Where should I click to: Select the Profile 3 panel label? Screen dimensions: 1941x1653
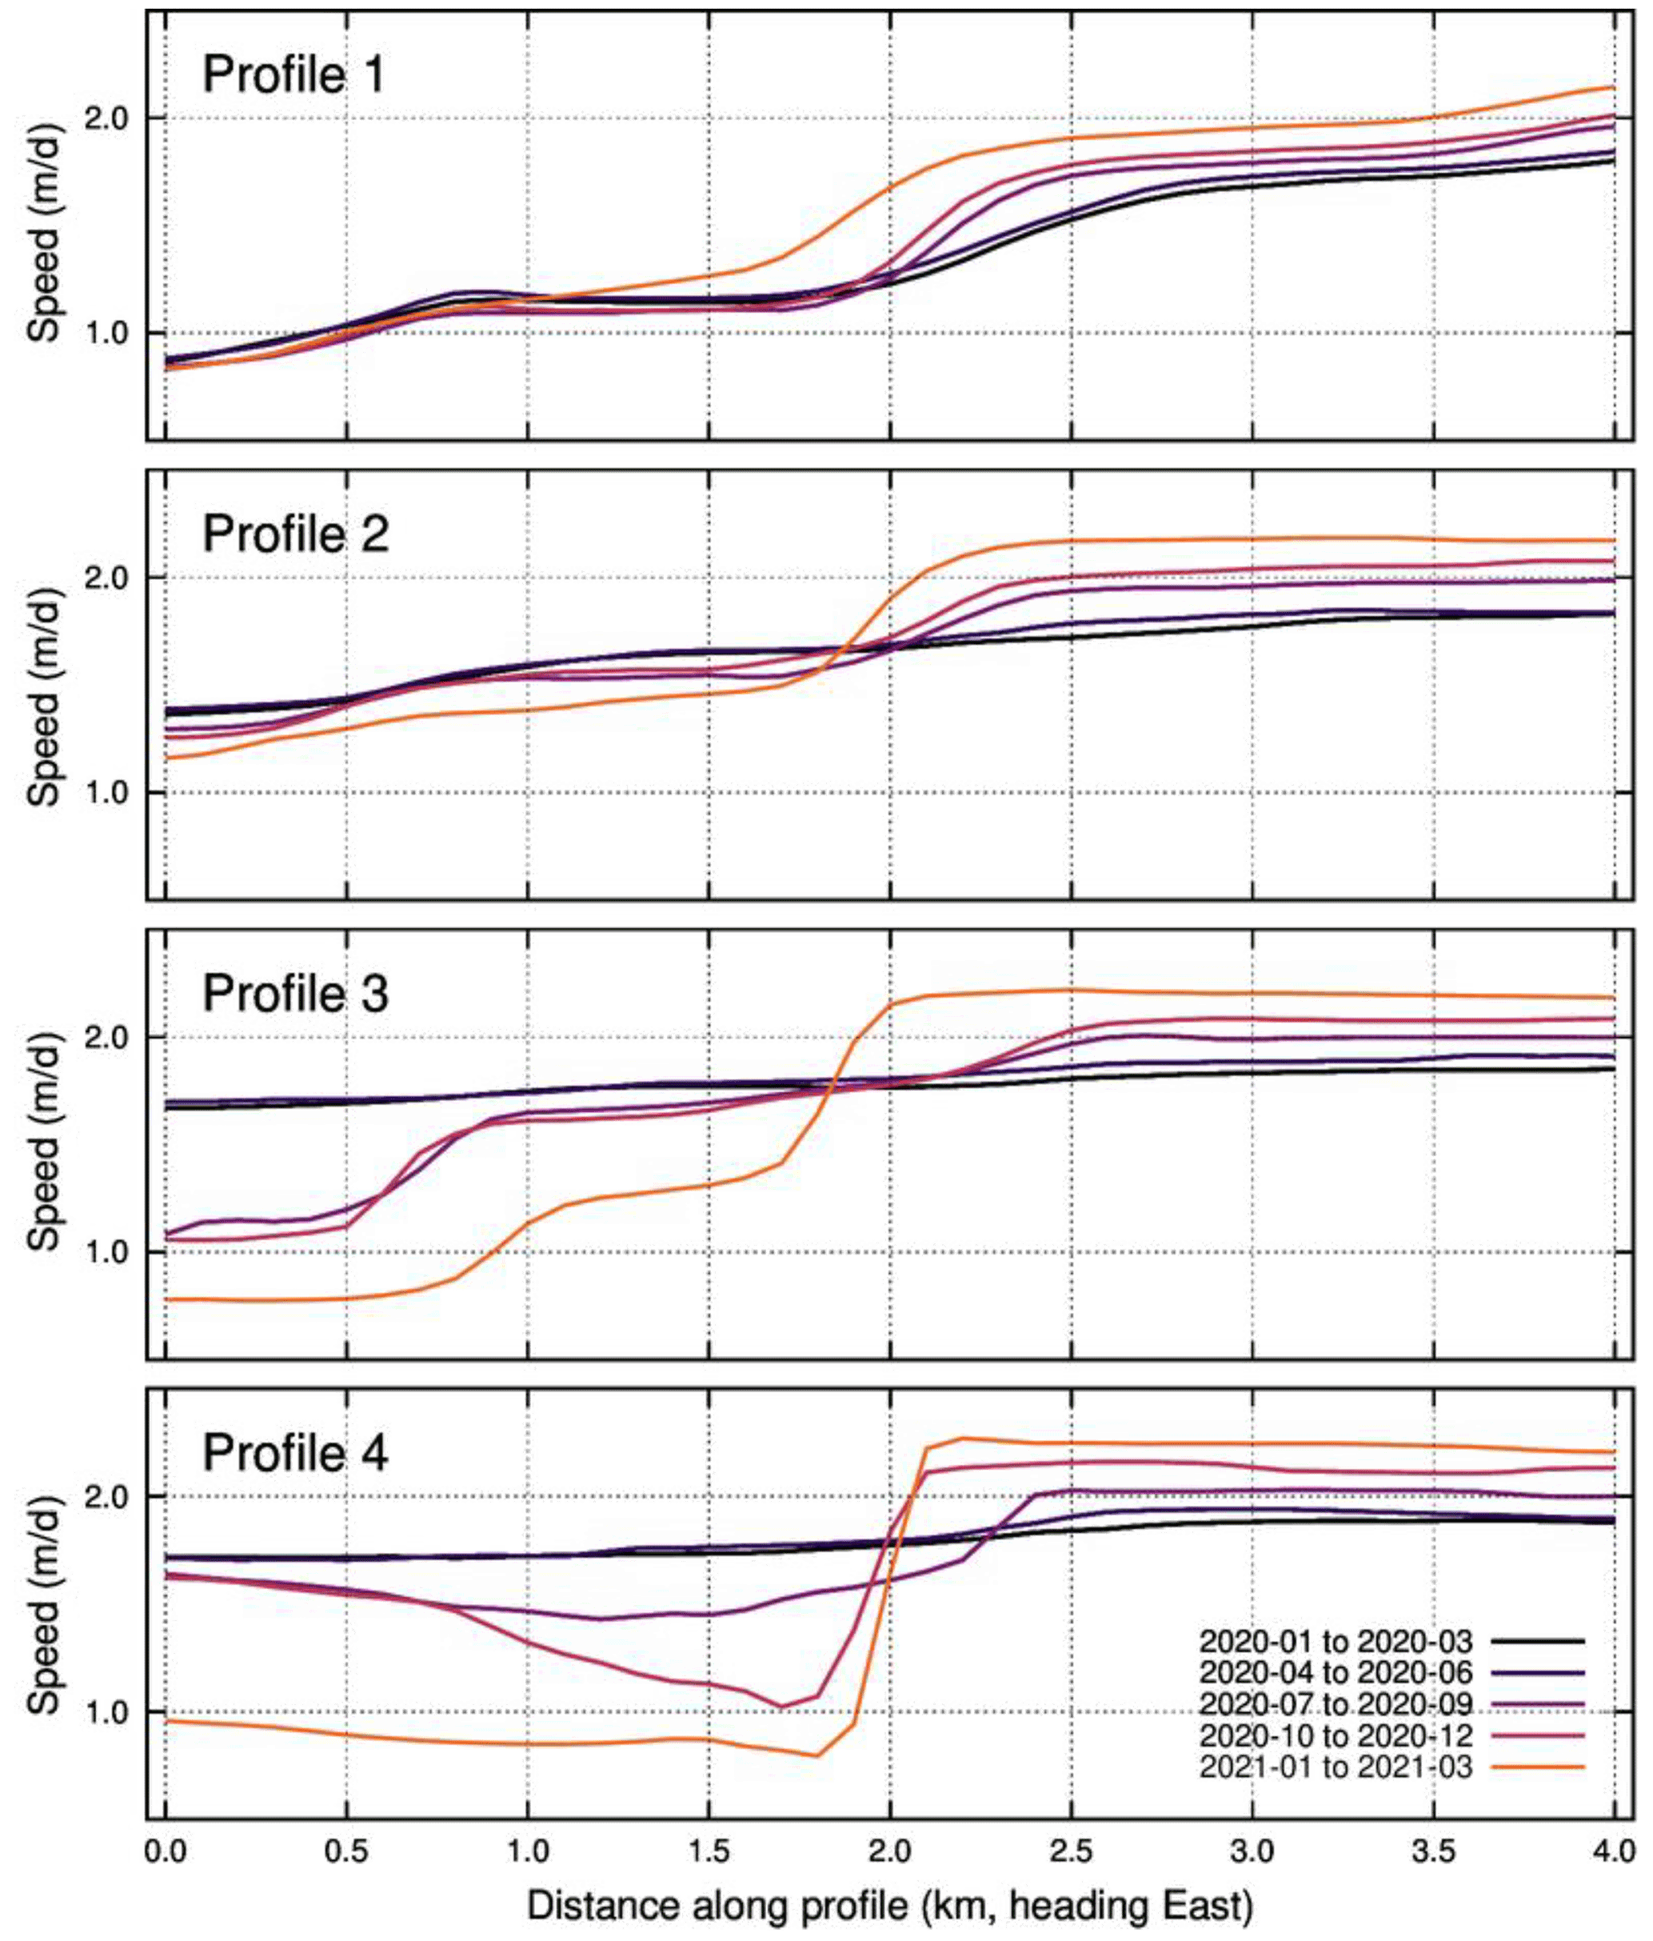pyautogui.click(x=295, y=993)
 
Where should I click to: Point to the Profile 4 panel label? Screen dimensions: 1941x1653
pyautogui.click(x=295, y=1453)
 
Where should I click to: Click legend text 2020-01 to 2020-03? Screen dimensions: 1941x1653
pyautogui.click(x=1336, y=1641)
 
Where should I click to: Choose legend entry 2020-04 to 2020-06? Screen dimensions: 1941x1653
pyautogui.click(x=1336, y=1672)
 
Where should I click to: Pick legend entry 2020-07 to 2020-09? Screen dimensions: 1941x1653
pyautogui.click(x=1336, y=1704)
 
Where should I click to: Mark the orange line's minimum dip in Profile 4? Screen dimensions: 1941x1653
pyautogui.click(x=817, y=1755)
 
